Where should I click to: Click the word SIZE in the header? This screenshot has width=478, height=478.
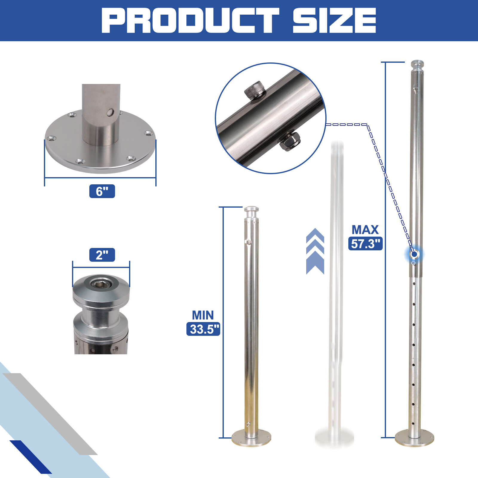click(334, 20)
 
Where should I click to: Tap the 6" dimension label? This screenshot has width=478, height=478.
click(102, 191)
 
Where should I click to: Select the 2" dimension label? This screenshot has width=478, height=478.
click(102, 255)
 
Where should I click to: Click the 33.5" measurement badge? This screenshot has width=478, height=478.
click(203, 329)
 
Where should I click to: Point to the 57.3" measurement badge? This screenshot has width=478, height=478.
click(365, 243)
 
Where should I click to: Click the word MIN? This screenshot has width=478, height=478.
click(203, 315)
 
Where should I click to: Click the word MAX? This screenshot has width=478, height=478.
click(365, 230)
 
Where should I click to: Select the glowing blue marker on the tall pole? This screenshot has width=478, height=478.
click(414, 254)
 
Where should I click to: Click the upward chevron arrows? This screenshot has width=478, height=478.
click(315, 251)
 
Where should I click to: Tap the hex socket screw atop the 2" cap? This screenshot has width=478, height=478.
click(102, 283)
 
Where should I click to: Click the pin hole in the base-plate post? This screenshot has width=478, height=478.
click(111, 113)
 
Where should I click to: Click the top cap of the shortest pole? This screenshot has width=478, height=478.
click(251, 209)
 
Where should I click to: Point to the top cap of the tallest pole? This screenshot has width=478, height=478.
click(417, 64)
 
